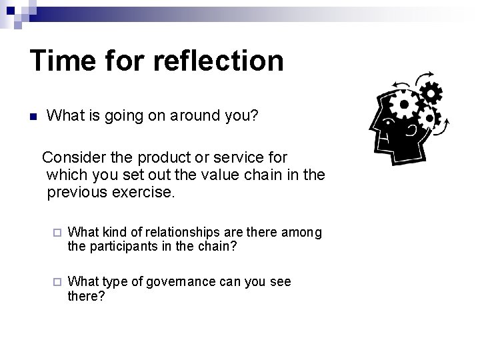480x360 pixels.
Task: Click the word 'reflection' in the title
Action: click(218, 61)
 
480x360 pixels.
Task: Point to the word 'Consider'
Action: click(74, 158)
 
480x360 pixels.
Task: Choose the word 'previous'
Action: click(76, 193)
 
